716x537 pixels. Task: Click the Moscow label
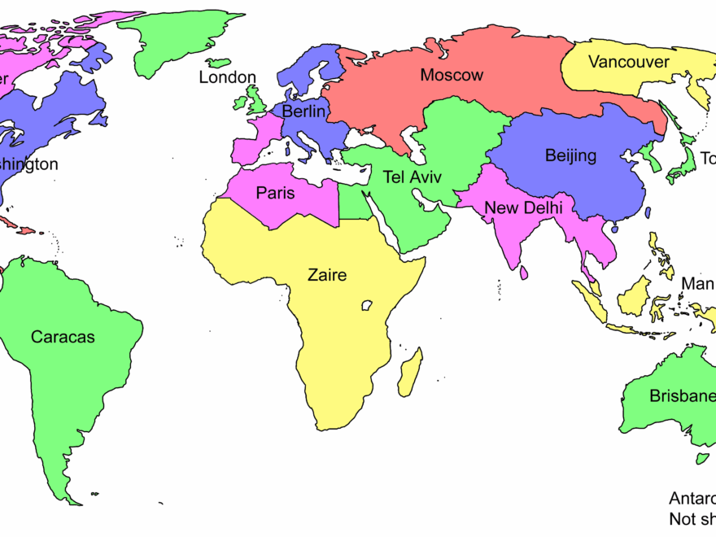coord(452,76)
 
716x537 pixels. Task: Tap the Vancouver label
coord(629,62)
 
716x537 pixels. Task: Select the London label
coord(228,78)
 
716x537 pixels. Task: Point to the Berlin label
coord(305,111)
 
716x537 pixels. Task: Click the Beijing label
coord(570,155)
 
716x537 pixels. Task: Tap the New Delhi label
coord(523,208)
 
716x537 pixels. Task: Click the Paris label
coord(275,194)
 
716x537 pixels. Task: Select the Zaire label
coord(327,275)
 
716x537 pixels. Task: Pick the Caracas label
coord(63,336)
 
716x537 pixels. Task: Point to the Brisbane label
coord(682,396)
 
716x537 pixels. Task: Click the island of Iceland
coord(218,62)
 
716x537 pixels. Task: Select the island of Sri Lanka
coord(524,273)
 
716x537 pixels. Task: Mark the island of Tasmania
coord(702,458)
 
